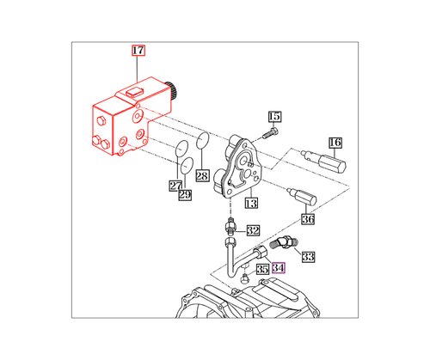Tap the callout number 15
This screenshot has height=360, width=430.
[x=274, y=117]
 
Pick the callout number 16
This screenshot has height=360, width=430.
[x=335, y=142]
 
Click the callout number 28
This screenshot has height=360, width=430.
[x=202, y=176]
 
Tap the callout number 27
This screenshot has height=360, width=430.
[x=175, y=185]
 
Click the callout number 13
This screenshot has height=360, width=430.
[x=251, y=204]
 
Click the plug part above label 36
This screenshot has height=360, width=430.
[x=307, y=197]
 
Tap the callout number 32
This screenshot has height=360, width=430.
[x=253, y=230]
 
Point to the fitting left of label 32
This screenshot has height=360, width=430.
[x=230, y=229]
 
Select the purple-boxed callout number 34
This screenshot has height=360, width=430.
[x=278, y=267]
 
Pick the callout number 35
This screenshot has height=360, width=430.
[x=261, y=269]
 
